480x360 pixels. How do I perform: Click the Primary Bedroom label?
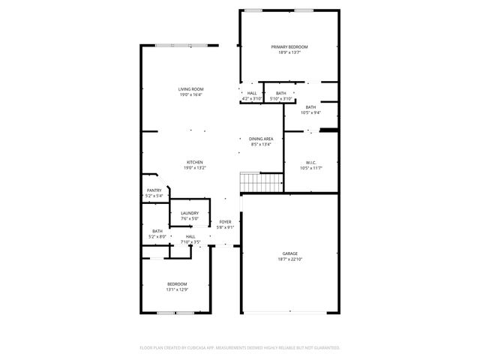289,46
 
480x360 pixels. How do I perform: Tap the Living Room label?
191,89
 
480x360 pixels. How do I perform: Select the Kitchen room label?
195,162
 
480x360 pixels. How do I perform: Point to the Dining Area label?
261,139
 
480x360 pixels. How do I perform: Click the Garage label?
290,253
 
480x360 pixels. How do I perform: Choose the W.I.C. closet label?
311,163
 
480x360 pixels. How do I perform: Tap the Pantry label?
154,190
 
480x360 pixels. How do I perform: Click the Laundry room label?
190,214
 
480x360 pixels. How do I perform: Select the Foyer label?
225,222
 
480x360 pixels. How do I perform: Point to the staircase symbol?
260,181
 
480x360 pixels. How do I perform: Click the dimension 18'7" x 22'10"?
290,259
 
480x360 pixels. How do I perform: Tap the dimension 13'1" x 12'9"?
177,289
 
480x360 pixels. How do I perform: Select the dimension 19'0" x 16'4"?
191,94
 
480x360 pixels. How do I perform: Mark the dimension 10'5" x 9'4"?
310,112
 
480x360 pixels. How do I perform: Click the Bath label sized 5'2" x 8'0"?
157,231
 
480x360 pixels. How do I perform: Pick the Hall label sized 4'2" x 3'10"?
251,93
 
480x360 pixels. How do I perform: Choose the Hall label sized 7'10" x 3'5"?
190,237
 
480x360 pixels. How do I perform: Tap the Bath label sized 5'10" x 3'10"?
280,93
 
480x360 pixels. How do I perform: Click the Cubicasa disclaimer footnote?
240,347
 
